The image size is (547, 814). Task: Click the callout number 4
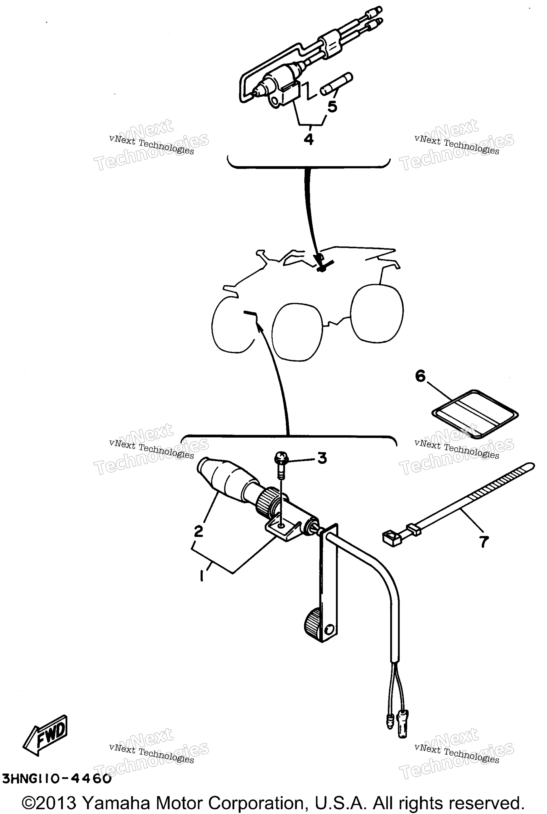click(309, 140)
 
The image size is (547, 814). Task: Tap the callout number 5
click(332, 106)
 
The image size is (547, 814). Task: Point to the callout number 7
click(483, 542)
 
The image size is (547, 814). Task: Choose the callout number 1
click(202, 576)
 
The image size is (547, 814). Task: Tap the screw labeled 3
click(281, 464)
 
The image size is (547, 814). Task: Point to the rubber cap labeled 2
click(228, 479)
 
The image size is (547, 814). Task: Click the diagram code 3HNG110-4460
click(56, 779)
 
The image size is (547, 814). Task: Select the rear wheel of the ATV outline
click(377, 313)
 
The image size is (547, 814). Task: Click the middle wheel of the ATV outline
click(297, 331)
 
